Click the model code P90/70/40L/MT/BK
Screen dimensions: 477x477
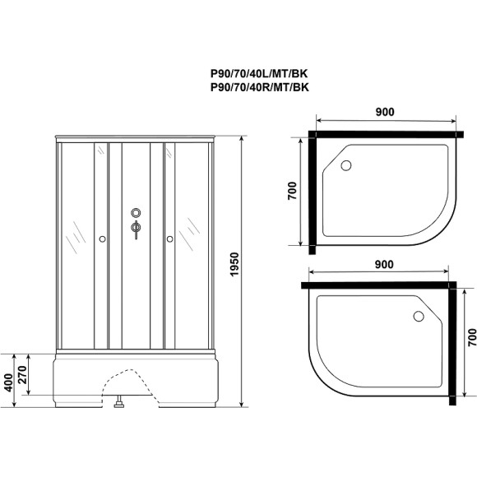(262, 73)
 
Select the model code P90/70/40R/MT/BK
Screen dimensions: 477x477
(262, 87)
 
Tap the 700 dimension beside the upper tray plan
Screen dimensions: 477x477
(293, 191)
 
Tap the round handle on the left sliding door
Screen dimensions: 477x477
(101, 239)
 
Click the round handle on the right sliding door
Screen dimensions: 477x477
(169, 239)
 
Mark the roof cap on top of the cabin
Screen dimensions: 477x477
(136, 137)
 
